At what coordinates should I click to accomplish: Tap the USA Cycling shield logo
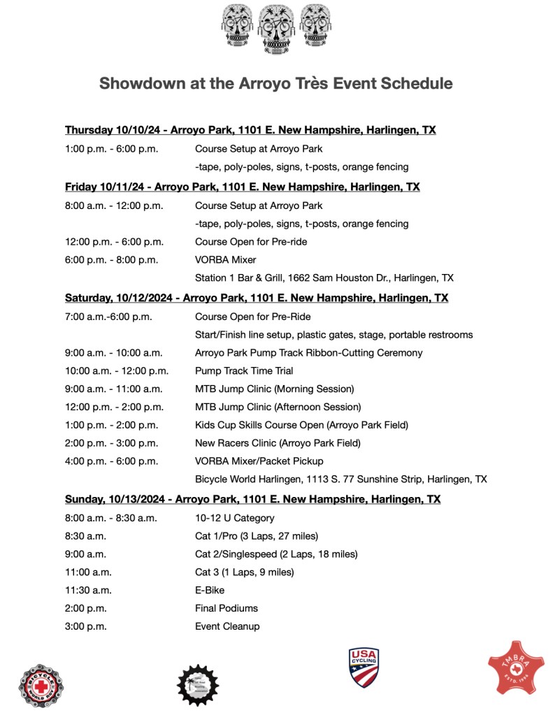click(x=363, y=667)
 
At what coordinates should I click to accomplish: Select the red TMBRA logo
click(x=516, y=667)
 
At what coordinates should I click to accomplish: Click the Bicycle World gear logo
click(x=41, y=684)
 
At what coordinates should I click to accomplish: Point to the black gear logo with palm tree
click(x=198, y=684)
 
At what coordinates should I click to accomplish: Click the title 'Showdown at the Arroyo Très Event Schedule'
click(x=275, y=83)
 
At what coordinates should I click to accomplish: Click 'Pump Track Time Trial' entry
click(x=244, y=371)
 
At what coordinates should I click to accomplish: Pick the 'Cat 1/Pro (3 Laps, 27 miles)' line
click(x=257, y=536)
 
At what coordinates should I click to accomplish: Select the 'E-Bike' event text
click(x=209, y=590)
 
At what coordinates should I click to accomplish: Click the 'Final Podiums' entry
click(x=227, y=608)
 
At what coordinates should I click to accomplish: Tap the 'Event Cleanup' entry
click(x=227, y=626)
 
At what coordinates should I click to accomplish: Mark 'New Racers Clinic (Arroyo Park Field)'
click(x=278, y=443)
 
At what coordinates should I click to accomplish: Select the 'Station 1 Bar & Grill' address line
click(x=324, y=278)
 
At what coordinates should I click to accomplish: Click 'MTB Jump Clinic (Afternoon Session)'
click(x=278, y=407)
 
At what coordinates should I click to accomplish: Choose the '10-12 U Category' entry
click(x=234, y=518)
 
